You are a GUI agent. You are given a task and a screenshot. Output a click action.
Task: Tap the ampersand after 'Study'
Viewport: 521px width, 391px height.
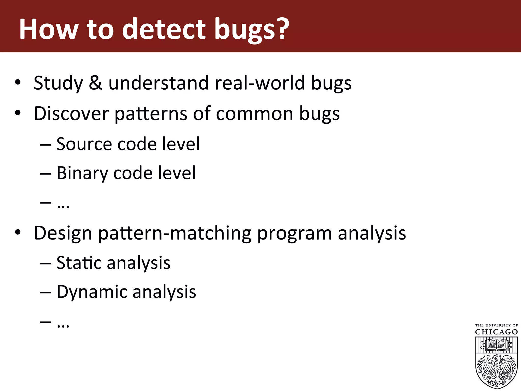point(96,83)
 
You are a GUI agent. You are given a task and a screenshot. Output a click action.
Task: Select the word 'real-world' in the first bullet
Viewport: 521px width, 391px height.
point(260,83)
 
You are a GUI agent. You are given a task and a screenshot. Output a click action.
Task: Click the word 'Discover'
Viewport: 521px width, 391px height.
point(71,114)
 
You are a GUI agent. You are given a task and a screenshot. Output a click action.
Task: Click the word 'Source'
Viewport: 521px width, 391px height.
point(84,144)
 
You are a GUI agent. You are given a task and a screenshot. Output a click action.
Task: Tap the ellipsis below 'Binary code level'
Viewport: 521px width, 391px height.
point(63,205)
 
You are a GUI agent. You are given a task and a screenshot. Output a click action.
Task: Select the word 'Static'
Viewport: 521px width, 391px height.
point(79,263)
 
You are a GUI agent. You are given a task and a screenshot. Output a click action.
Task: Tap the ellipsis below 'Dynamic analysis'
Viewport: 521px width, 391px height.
point(63,325)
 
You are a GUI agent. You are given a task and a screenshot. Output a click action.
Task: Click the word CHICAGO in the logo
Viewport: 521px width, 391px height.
point(496,332)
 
